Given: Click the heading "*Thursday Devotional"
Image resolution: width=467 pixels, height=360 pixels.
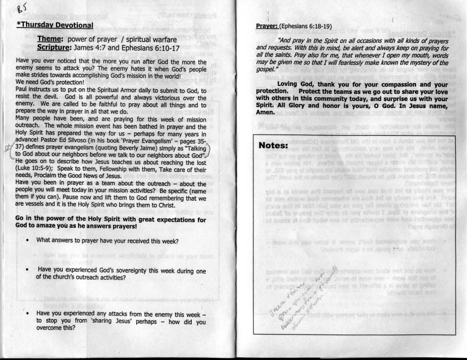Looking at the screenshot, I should click(x=55, y=25).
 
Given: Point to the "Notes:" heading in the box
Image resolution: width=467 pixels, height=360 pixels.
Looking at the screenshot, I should click(x=274, y=145).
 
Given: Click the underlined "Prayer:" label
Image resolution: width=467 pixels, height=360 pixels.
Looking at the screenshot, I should click(x=267, y=26).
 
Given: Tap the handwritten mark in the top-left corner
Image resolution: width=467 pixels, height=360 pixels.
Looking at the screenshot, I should click(x=21, y=8).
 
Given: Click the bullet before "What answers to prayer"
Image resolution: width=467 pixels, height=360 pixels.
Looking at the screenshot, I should click(x=28, y=240).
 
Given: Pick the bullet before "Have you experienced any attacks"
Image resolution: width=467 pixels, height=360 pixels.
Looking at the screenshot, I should click(x=27, y=313).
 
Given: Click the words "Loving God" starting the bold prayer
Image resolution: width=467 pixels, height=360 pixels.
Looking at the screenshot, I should click(x=295, y=84).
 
